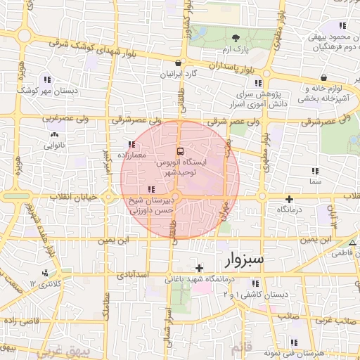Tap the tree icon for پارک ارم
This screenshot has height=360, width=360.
tap(236, 38)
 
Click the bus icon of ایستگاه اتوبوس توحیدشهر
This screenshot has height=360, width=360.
tap(180, 151)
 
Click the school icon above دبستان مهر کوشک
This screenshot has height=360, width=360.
tap(47, 79)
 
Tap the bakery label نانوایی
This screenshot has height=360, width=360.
tap(55, 146)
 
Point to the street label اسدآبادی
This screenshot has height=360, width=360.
tap(152, 274)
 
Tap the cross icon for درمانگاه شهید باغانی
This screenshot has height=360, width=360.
tap(200, 268)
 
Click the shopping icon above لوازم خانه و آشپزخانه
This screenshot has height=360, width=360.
tap(323, 78)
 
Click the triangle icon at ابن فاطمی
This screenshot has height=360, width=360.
tap(352, 243)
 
